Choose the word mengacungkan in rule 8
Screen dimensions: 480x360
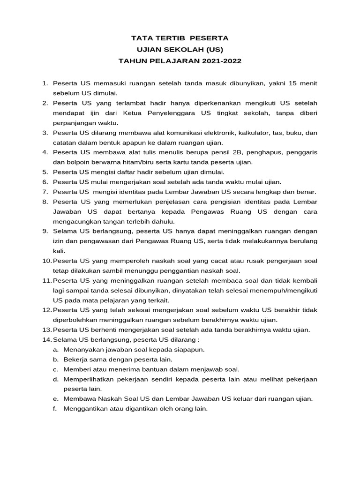click(75, 221)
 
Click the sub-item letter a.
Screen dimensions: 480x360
click(55, 349)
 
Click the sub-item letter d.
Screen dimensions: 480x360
click(55, 379)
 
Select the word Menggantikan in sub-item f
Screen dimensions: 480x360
click(86, 408)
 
